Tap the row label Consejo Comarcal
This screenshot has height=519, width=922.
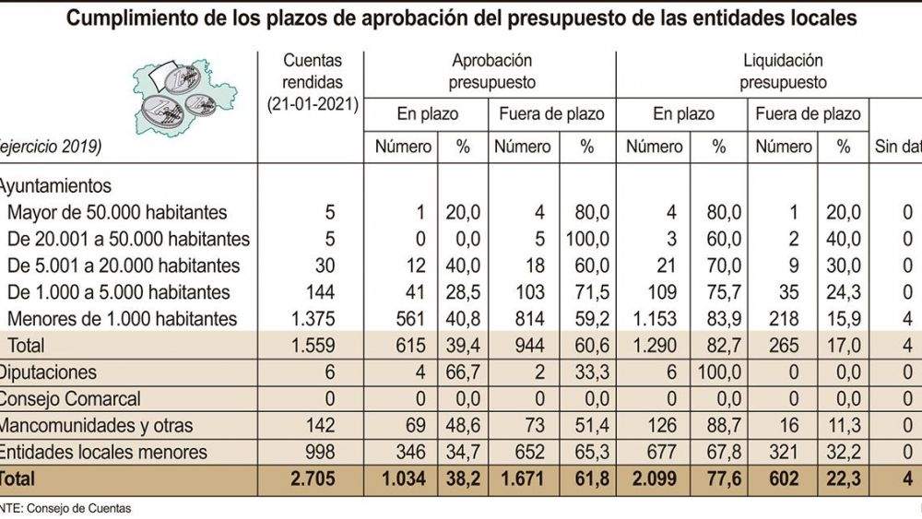click(x=69, y=399)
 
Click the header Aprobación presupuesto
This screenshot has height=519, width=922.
click(x=492, y=71)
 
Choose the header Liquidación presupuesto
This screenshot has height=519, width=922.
click(x=783, y=71)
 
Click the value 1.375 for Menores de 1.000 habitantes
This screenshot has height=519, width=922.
click(x=313, y=319)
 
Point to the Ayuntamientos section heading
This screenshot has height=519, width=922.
click(x=57, y=185)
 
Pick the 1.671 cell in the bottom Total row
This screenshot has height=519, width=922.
click(x=526, y=478)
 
